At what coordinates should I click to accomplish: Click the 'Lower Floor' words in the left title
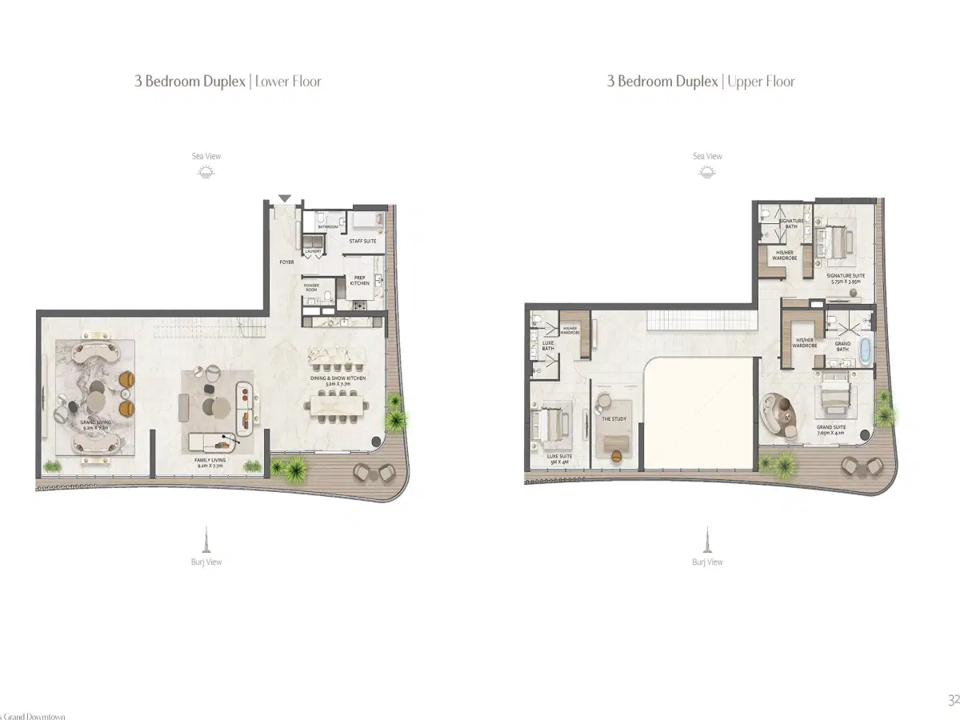[x=288, y=81]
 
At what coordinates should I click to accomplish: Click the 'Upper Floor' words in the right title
[x=761, y=81]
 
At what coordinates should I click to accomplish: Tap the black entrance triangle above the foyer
[x=285, y=198]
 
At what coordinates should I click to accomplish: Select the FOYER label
[x=286, y=262]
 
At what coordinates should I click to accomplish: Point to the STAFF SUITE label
[x=362, y=241]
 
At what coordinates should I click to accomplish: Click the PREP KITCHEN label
[x=359, y=281]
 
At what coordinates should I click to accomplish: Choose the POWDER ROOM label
[x=311, y=287]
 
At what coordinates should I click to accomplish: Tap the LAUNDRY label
[x=313, y=252]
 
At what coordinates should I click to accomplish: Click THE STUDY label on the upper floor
[x=614, y=418]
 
